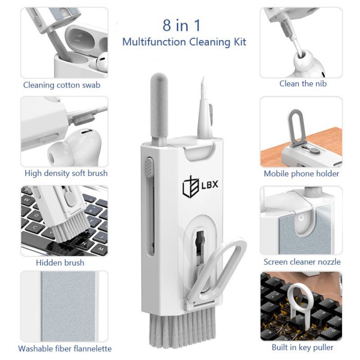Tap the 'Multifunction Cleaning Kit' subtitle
coord(184,42)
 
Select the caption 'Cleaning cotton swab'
coord(62,85)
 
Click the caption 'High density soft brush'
coord(66,173)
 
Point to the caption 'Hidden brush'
coord(60,262)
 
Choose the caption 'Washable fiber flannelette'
coord(65,349)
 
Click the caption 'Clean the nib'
coord(303,83)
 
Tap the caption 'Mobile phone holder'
coord(301,173)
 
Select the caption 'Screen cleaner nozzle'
coord(302,262)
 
